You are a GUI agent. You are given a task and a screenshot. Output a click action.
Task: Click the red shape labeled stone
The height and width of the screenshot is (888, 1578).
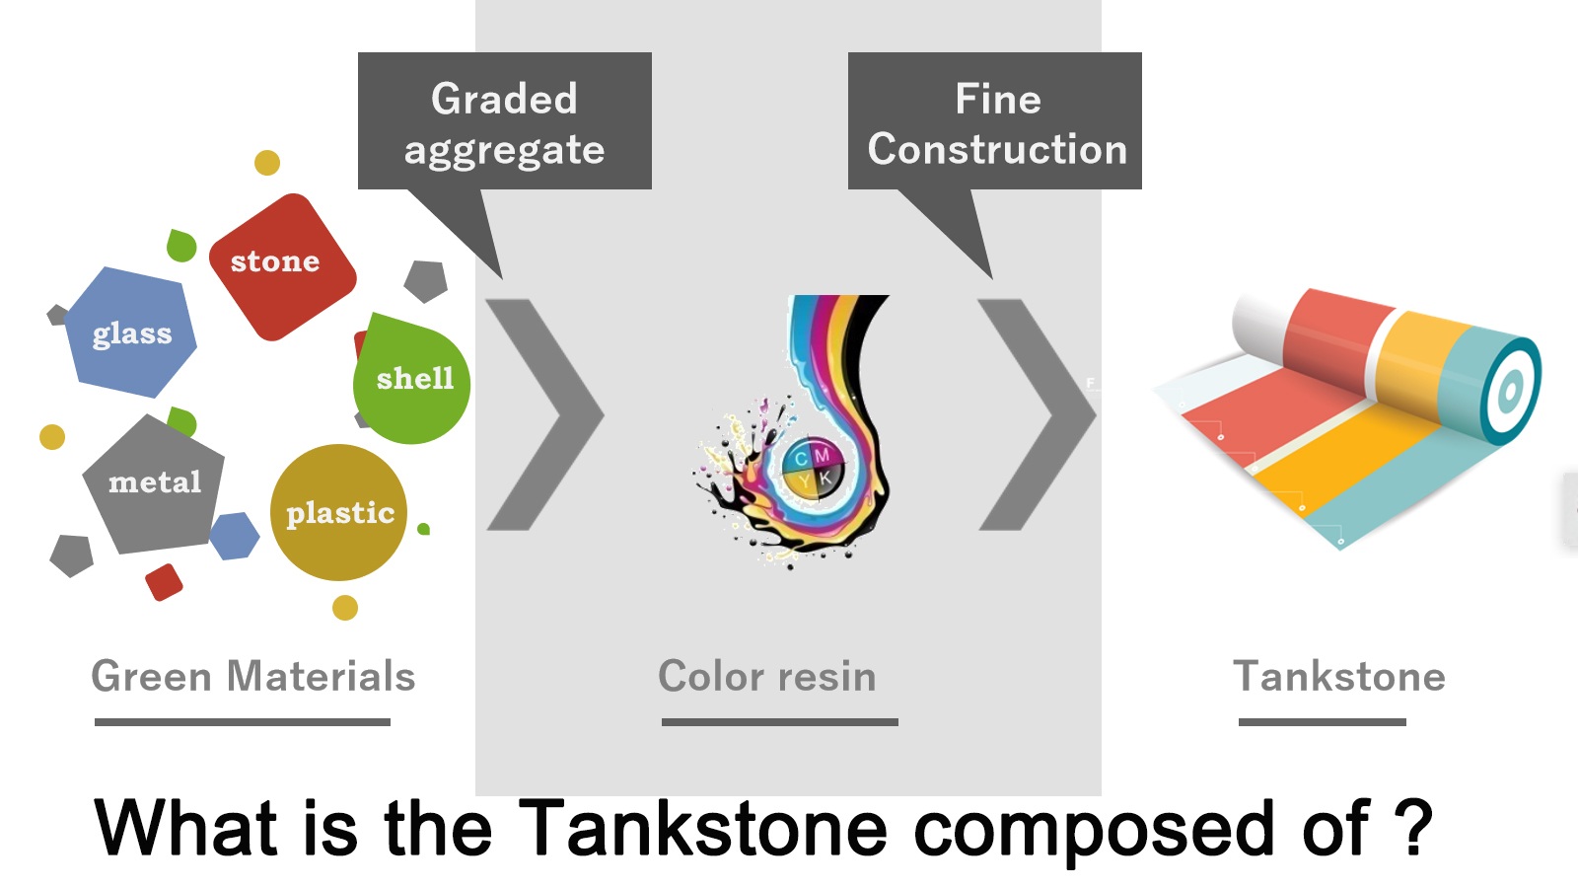click(282, 266)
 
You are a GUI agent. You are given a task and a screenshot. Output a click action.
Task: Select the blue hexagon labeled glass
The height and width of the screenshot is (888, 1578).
click(131, 332)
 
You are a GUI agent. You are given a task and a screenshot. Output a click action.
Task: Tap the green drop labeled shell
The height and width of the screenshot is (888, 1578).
click(411, 379)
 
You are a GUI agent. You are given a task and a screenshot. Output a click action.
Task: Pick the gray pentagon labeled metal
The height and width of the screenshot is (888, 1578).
click(154, 484)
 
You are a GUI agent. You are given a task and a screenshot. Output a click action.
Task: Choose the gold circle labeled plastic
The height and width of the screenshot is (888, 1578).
click(339, 512)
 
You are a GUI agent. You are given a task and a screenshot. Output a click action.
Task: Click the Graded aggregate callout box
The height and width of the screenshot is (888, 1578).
click(504, 120)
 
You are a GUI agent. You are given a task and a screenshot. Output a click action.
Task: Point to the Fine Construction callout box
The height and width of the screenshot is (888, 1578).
click(995, 120)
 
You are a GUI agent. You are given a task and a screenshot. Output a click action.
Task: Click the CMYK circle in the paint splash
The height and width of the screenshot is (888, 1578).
click(813, 468)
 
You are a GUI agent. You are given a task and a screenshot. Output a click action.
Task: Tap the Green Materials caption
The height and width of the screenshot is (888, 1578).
click(252, 677)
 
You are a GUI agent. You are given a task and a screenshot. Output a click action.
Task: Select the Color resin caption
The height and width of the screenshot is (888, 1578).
click(767, 677)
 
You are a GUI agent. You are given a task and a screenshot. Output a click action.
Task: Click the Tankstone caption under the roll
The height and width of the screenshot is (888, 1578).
click(1339, 677)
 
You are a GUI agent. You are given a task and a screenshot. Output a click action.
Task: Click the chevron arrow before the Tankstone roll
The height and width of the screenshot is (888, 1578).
click(1037, 414)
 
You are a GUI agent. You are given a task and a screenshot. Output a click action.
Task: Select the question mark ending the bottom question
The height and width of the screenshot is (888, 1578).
click(1412, 825)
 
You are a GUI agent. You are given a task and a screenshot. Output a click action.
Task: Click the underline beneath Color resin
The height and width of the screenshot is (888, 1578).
click(780, 721)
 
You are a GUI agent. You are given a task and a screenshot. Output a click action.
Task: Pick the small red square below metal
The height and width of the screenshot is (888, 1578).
click(164, 582)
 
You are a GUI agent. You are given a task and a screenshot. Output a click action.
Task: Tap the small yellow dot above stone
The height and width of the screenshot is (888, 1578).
click(267, 163)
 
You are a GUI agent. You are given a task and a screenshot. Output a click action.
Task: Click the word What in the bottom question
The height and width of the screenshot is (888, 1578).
click(186, 825)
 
